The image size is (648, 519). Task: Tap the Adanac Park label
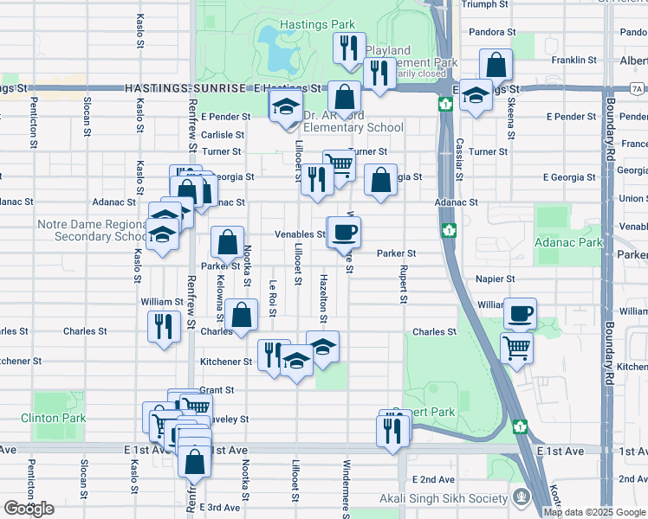click(x=568, y=243)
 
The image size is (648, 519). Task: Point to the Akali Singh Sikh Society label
click(x=444, y=497)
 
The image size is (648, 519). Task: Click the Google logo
click(x=29, y=508)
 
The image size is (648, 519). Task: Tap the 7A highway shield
click(x=637, y=88)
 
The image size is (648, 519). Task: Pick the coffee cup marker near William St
click(x=521, y=313)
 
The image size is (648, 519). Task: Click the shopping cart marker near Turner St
click(x=340, y=163)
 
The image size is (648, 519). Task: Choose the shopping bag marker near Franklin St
click(x=497, y=64)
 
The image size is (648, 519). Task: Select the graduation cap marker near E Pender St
click(x=285, y=108)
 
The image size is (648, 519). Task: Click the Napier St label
click(x=496, y=279)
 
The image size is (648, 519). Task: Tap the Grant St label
click(x=217, y=390)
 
